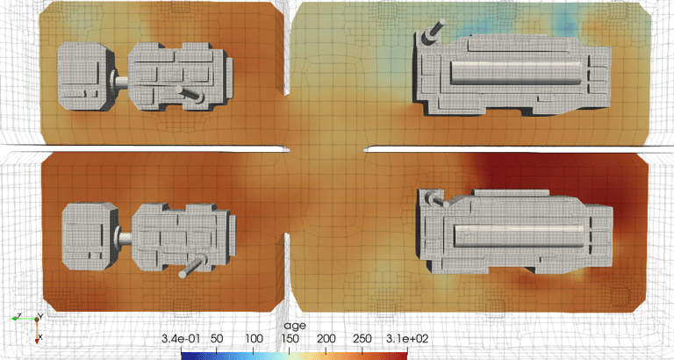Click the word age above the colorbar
click(295, 326)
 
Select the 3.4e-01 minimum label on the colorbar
click(181, 339)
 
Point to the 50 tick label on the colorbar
click(217, 339)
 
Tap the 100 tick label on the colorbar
click(253, 339)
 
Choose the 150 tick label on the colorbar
click(290, 339)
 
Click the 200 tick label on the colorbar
click(326, 339)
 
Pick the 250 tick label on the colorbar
click(362, 339)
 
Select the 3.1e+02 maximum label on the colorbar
click(406, 339)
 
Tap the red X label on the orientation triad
click(40, 336)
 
